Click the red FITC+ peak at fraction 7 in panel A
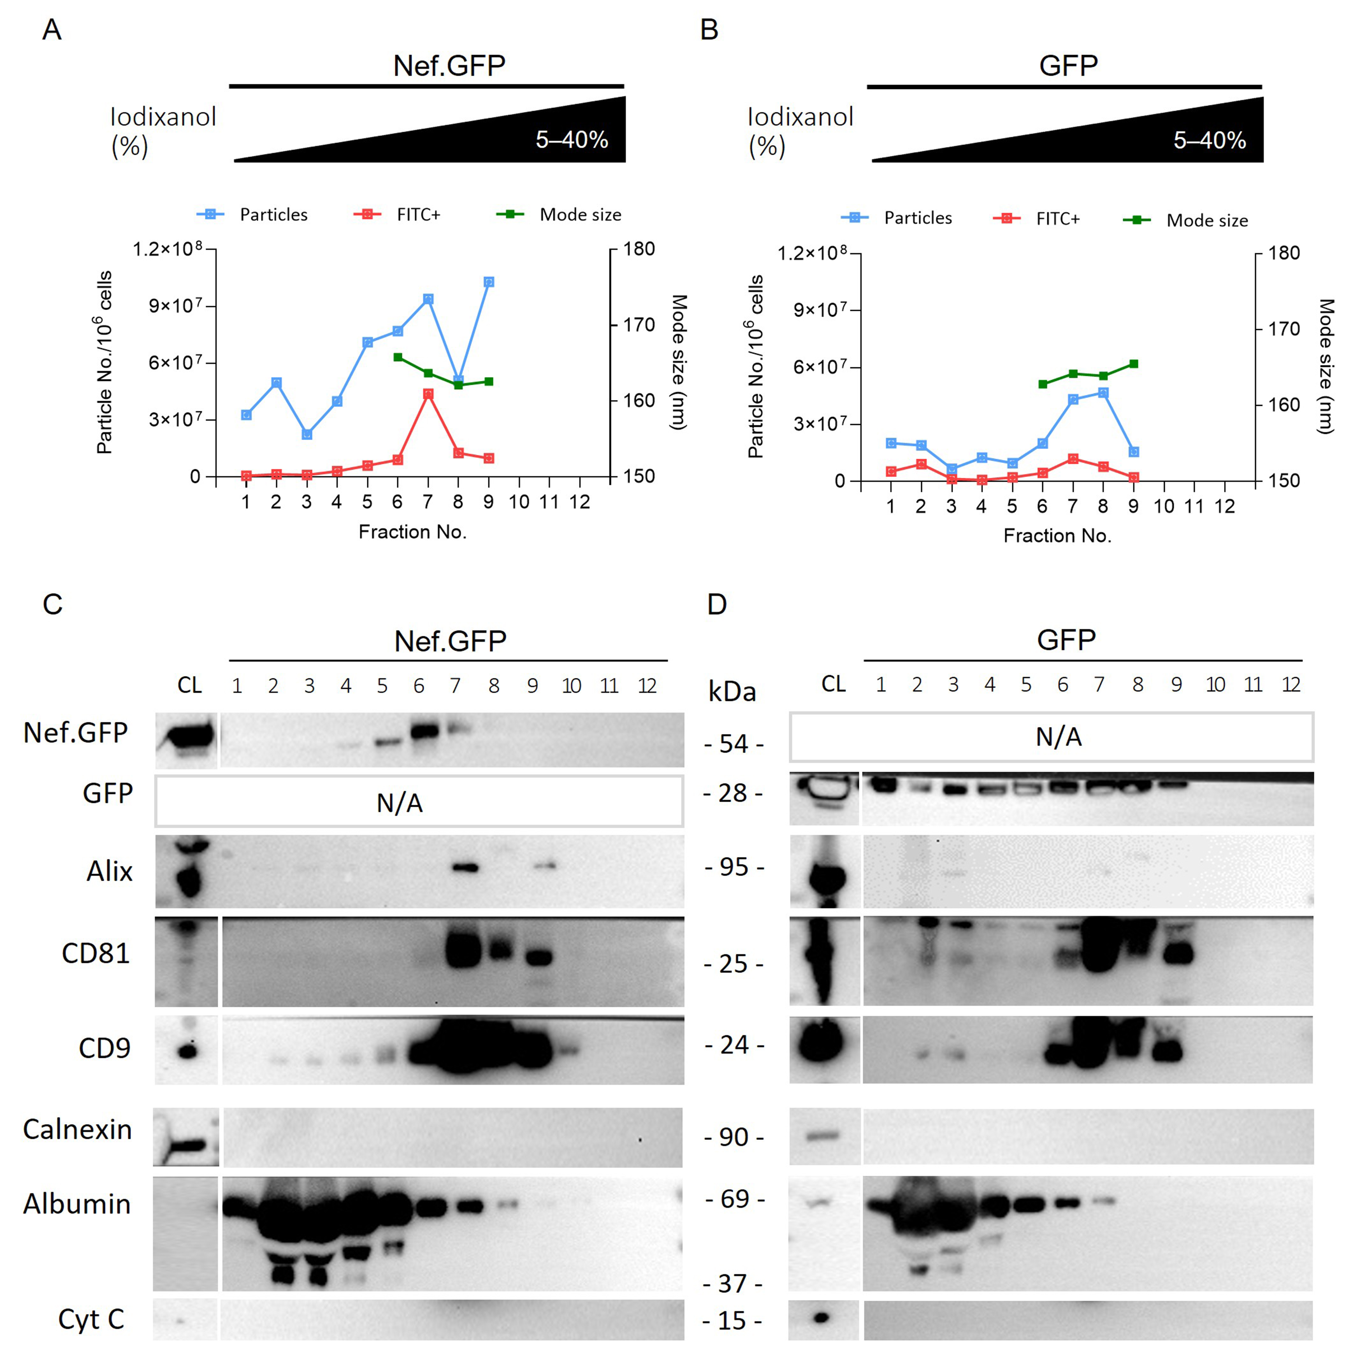428,394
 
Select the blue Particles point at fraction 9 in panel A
489,282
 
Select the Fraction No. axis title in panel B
1057,536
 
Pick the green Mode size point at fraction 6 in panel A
397,358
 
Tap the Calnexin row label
77,1129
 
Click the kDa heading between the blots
732,692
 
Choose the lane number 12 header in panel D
1290,685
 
